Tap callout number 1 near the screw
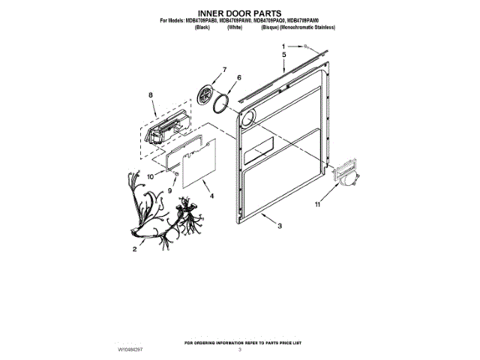click(284, 47)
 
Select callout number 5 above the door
click(284, 55)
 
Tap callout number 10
click(149, 176)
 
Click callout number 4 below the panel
click(211, 196)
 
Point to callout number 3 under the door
click(279, 226)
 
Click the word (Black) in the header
click(201, 26)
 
